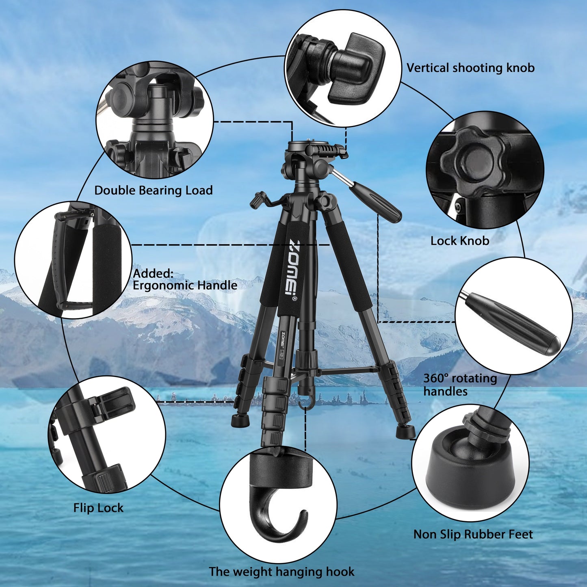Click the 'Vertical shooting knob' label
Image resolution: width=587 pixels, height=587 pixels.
tap(470, 68)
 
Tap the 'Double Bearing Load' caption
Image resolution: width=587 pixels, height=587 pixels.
tap(153, 191)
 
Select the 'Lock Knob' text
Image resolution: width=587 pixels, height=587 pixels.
tap(459, 241)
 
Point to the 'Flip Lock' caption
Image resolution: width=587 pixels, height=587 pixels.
tap(98, 508)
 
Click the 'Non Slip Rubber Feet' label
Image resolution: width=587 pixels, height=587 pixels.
tap(473, 534)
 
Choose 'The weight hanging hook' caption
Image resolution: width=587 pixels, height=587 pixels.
tap(282, 572)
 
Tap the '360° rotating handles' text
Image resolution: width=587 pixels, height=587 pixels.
tap(460, 385)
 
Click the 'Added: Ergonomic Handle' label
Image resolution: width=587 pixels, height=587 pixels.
tap(185, 279)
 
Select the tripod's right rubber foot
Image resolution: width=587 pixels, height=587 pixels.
tap(405, 431)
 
